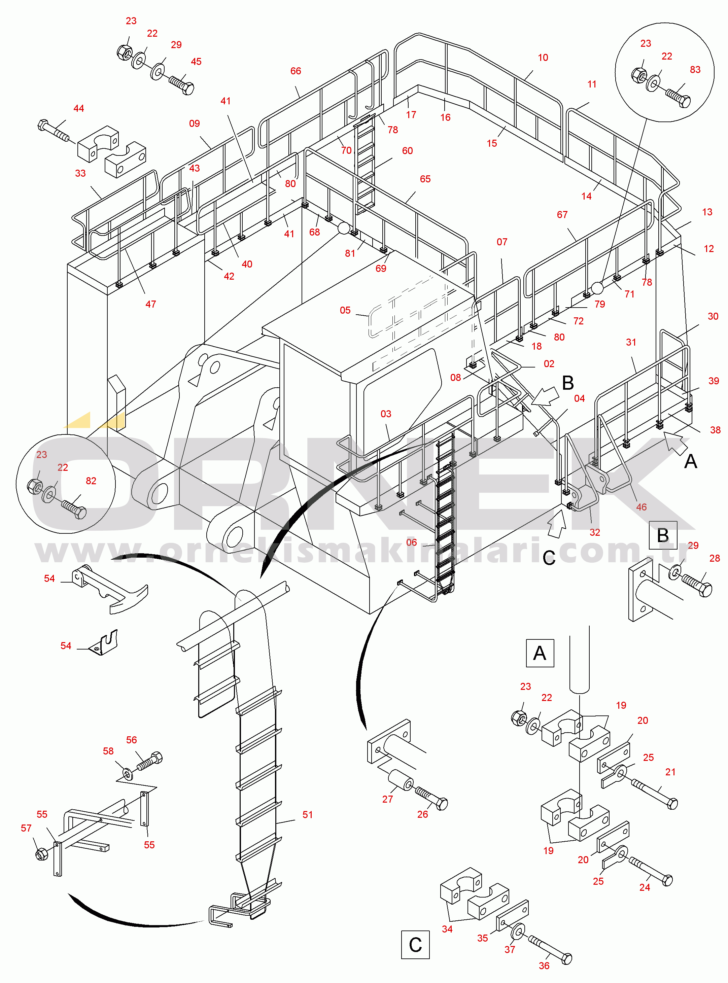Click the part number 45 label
pyautogui.click(x=196, y=62)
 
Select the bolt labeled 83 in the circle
pyautogui.click(x=678, y=98)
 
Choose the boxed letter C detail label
pyautogui.click(x=415, y=944)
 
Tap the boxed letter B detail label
pyautogui.click(x=663, y=535)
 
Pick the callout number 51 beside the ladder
pyautogui.click(x=308, y=815)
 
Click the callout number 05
pyautogui.click(x=345, y=310)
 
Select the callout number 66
pyautogui.click(x=296, y=71)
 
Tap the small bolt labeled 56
pyautogui.click(x=149, y=761)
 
